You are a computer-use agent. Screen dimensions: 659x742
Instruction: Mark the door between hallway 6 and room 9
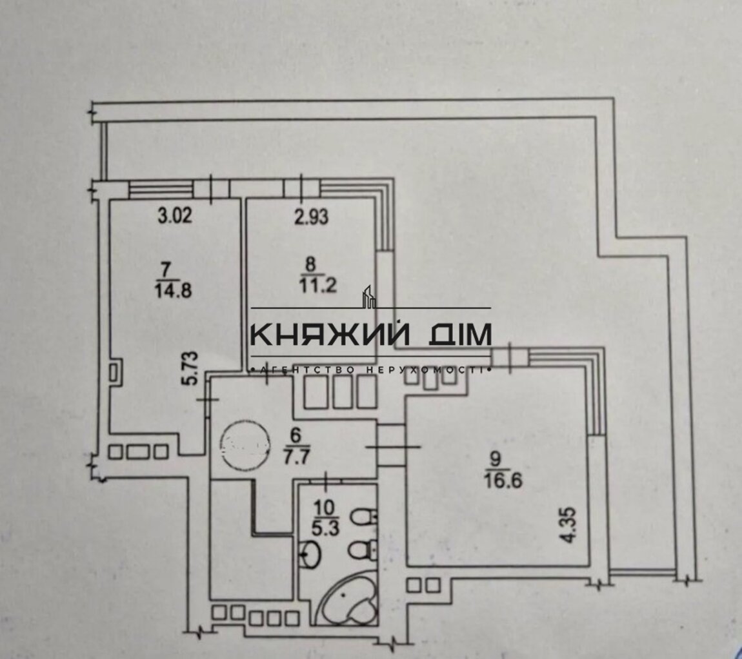pos(391,446)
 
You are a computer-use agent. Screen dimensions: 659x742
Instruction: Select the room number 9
pos(496,458)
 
